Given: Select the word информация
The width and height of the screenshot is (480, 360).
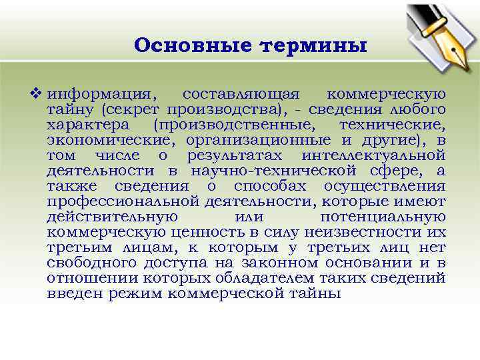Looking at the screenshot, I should click(103, 94).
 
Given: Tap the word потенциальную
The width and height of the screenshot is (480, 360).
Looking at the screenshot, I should click(383, 217).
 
